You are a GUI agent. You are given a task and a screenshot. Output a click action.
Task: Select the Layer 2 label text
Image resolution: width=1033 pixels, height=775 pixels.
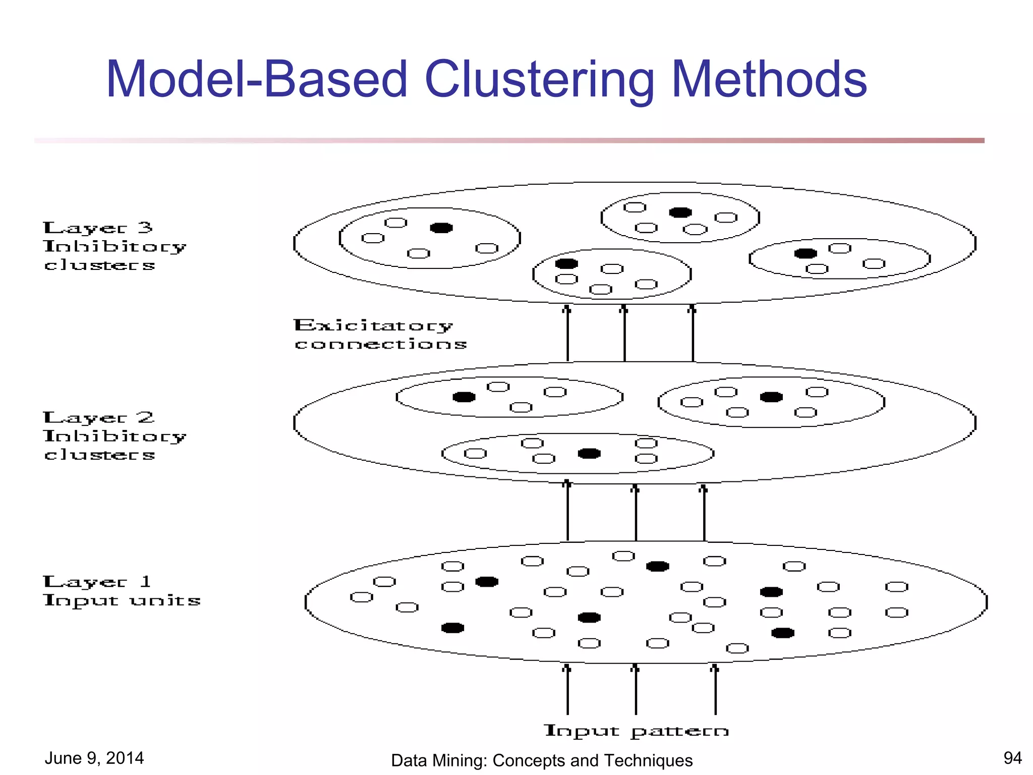[98, 418]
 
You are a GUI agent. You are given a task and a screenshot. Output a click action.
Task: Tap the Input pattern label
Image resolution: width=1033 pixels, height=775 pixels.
[636, 731]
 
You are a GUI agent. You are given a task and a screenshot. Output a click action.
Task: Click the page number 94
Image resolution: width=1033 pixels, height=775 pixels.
[1012, 758]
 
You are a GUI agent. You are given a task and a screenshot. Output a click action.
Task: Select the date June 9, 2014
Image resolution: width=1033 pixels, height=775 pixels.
[94, 758]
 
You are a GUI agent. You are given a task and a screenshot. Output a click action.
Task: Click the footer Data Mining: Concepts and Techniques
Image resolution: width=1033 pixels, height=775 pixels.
[542, 760]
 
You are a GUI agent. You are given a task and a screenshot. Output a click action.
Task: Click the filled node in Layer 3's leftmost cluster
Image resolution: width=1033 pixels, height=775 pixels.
[441, 228]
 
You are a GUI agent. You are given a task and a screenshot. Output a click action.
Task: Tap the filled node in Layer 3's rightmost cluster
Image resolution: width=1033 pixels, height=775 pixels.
[806, 253]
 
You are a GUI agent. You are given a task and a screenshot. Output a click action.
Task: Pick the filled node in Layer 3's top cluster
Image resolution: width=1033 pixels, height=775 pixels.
[680, 212]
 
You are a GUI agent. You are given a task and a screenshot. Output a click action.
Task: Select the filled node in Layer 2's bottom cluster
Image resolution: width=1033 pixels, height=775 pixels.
[589, 454]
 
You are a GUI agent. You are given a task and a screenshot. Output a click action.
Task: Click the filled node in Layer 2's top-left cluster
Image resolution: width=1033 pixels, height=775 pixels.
[464, 397]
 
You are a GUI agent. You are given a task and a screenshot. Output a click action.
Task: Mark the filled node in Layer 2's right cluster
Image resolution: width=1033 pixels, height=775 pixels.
[771, 397]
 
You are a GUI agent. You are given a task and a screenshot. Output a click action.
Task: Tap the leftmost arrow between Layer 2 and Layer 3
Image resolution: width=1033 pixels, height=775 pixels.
[567, 333]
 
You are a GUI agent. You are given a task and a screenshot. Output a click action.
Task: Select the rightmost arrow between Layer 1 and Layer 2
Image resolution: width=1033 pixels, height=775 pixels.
[704, 512]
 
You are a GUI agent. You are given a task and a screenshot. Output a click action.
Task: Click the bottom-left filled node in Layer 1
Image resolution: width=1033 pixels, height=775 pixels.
[452, 628]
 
